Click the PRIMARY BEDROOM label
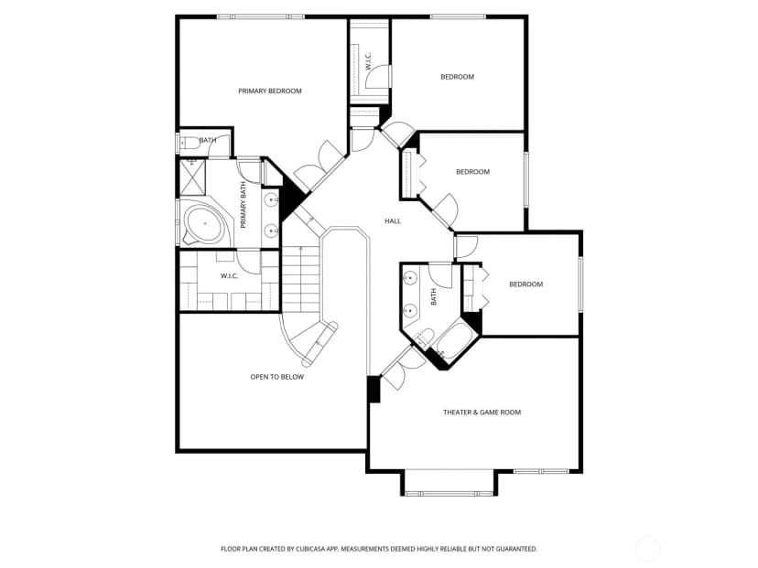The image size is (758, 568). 270,91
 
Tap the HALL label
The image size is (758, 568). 393,220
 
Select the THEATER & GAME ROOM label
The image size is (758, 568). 482,412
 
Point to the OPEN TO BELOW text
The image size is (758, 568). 277,377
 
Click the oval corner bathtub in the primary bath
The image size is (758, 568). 205,223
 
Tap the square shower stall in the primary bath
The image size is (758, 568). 192,177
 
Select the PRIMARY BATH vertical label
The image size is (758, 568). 244,205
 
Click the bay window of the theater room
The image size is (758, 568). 449,483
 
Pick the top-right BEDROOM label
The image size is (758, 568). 458,76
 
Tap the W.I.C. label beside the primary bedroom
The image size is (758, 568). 368,61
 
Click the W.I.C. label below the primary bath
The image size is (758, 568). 229,276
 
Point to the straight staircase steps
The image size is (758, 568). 300,280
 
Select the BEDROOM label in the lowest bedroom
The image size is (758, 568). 526,284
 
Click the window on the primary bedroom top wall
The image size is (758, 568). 261,16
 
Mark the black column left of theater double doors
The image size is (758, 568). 374,390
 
